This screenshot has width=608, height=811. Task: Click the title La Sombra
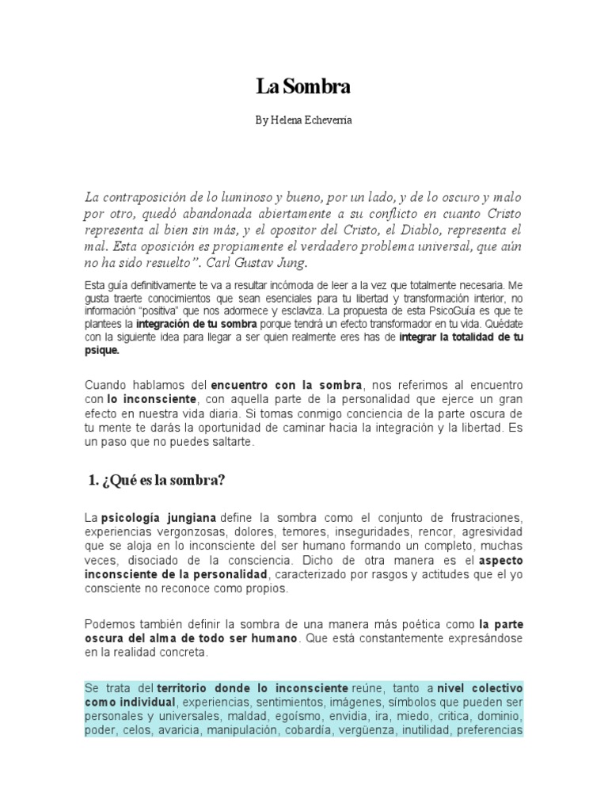coord(303,87)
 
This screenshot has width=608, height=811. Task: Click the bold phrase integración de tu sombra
coord(196,325)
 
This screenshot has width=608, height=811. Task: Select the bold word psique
coord(102,349)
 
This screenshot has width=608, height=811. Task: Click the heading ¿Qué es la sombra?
coord(155,480)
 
